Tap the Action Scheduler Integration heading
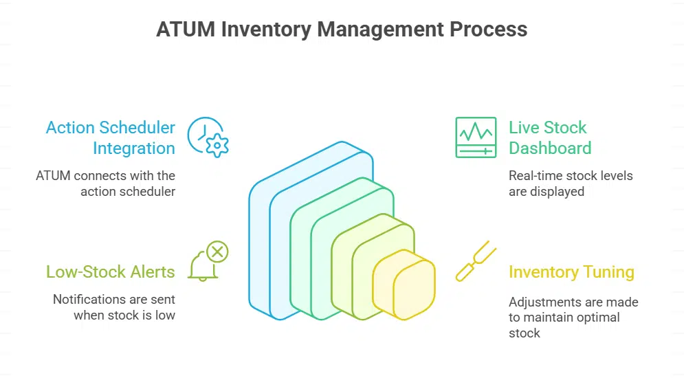pos(111,137)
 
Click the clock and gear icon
pos(208,137)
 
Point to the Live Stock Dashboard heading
pos(549,137)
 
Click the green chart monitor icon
pos(475,137)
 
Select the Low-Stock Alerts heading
pos(111,271)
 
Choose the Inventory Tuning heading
pos(571,271)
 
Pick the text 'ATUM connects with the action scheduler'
pos(106,184)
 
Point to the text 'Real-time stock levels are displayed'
pos(571,184)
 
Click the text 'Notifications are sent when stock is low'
pos(114,307)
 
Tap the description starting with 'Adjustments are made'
pos(573,317)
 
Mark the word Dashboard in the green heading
pos(549,148)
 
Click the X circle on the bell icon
pos(217,252)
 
